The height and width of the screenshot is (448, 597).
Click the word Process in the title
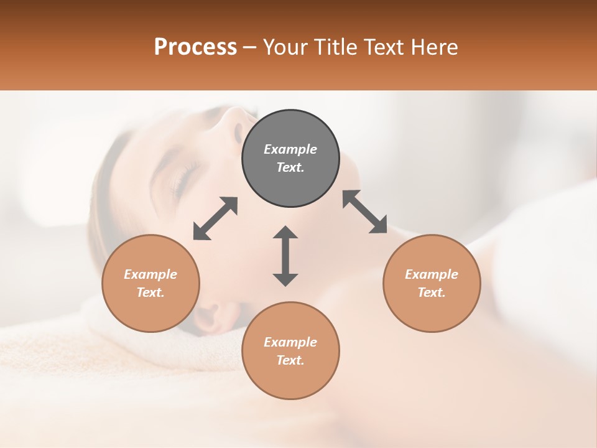coord(195,47)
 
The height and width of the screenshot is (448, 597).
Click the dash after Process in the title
coord(249,47)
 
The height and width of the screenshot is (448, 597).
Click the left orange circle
coord(150,283)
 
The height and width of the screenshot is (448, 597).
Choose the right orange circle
coord(432,283)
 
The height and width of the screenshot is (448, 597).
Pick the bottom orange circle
coord(290,350)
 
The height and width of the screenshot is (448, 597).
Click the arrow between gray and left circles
coord(215,218)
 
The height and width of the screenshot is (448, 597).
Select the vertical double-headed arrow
coord(285,256)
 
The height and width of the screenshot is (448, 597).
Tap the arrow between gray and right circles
coord(364,212)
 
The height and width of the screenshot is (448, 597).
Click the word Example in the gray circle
coord(290,149)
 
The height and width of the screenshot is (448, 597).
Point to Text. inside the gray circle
coord(290,167)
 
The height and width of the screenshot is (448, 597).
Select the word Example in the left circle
coord(150,274)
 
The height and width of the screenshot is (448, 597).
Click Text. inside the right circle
coord(432,292)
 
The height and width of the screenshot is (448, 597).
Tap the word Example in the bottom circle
coord(290,342)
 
